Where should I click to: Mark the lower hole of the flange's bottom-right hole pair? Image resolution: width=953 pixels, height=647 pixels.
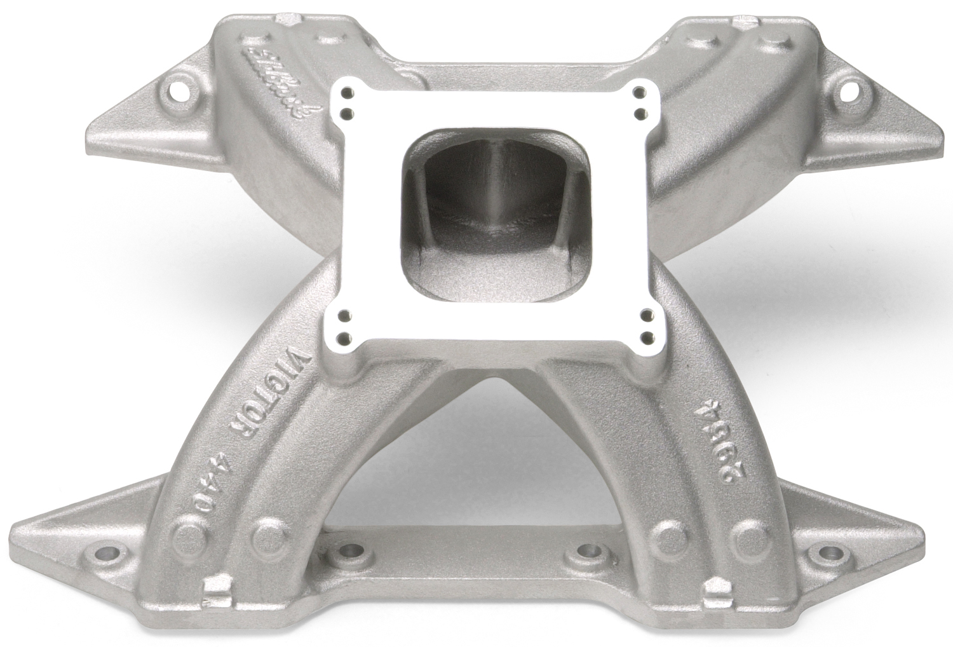(x=647, y=335)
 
